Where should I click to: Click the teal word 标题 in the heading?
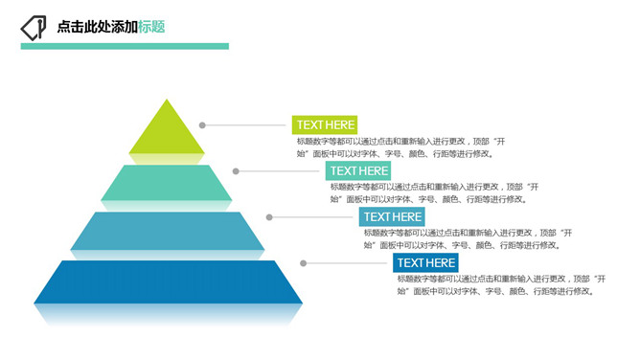pos(151,27)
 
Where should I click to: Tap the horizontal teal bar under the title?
pos(125,45)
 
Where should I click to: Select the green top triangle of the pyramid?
pos(167,131)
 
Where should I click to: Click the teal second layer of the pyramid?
pos(167,182)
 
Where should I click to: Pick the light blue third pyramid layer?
pos(167,231)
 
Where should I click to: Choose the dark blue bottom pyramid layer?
pos(167,281)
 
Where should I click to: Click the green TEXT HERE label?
pos(326,124)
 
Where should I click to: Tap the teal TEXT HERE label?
pos(359,170)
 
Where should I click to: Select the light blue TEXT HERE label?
pos(392,216)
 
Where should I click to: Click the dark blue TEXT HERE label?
pos(425,262)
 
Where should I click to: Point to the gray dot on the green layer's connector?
pos(202,124)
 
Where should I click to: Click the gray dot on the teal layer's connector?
pos(236,171)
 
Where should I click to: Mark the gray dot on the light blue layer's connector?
pos(270,216)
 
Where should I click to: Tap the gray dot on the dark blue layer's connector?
pos(304,262)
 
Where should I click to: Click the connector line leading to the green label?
pos(247,124)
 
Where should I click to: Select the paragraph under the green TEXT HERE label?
pos(402,146)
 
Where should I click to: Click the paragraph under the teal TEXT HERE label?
pos(436,192)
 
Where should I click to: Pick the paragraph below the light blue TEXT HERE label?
pos(469,238)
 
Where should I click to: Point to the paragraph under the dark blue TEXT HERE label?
pos(502,284)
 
